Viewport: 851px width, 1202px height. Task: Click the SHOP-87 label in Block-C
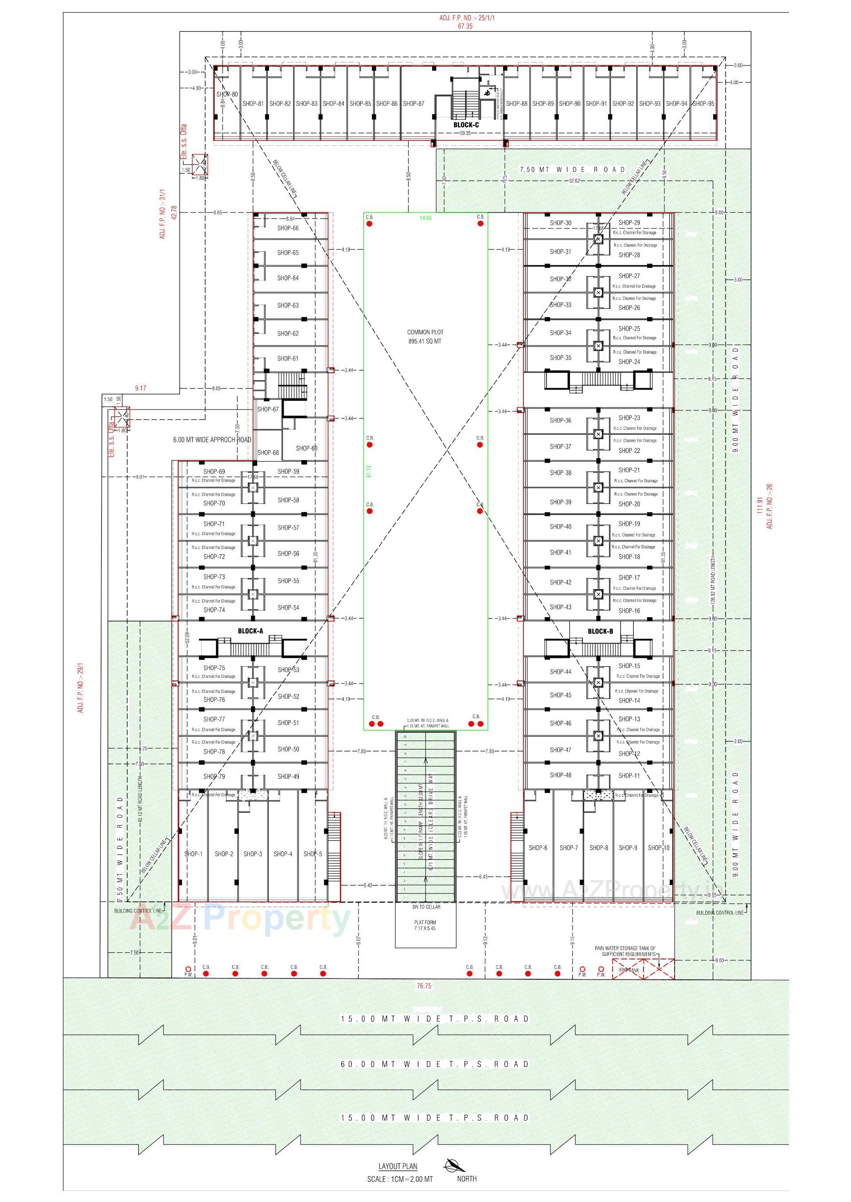click(414, 104)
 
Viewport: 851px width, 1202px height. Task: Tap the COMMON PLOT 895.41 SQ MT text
click(425, 336)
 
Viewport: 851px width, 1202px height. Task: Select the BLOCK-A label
click(250, 631)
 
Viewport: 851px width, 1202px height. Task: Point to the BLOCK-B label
click(600, 631)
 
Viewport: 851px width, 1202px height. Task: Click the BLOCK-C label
click(466, 125)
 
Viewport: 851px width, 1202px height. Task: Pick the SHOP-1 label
click(193, 854)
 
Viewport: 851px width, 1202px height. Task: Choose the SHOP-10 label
click(659, 847)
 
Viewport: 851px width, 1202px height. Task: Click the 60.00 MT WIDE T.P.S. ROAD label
click(435, 1064)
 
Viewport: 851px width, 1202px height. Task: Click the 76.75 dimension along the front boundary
click(424, 986)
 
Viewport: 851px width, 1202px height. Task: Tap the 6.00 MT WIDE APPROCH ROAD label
click(212, 440)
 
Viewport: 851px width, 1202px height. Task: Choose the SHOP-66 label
click(288, 228)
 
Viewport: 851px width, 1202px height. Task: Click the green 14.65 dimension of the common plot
click(425, 218)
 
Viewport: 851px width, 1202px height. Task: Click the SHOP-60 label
click(307, 448)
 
